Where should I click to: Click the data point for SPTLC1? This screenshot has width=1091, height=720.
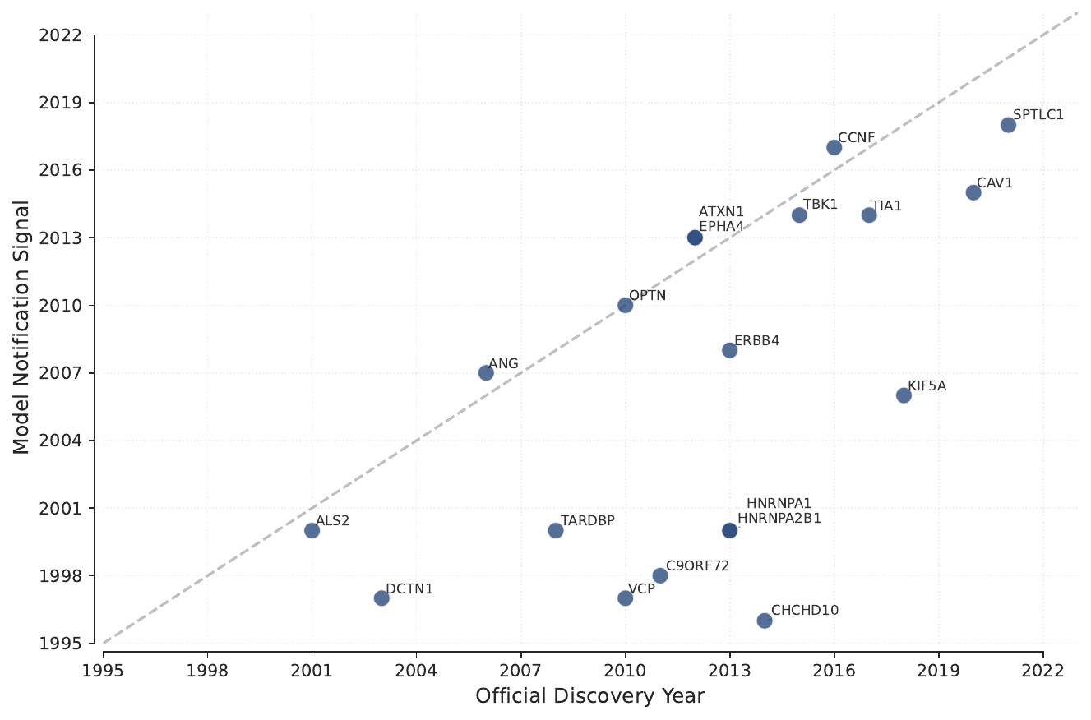[x=1008, y=125]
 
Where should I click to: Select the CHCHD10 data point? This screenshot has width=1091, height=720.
[x=765, y=621]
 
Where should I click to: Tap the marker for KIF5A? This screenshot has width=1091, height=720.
[x=904, y=395]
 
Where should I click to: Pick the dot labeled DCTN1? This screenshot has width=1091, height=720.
[x=381, y=598]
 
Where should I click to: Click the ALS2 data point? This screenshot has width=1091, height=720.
[x=312, y=530]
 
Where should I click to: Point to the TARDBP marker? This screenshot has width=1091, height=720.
[x=556, y=530]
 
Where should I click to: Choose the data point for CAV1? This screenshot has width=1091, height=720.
[x=973, y=192]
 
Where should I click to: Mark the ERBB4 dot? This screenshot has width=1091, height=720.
[x=729, y=350]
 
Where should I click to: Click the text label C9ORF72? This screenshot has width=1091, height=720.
[x=697, y=565]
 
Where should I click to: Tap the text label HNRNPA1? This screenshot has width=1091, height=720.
[x=779, y=504]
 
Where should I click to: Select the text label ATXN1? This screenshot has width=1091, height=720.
[x=721, y=212]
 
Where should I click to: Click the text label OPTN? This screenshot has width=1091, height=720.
[x=647, y=296]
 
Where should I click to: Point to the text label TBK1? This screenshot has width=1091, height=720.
[x=820, y=205]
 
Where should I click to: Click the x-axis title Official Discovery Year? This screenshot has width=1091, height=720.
[x=589, y=696]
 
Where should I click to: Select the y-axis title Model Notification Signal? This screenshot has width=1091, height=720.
[x=21, y=327]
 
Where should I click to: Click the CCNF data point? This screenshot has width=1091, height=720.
[x=834, y=147]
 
